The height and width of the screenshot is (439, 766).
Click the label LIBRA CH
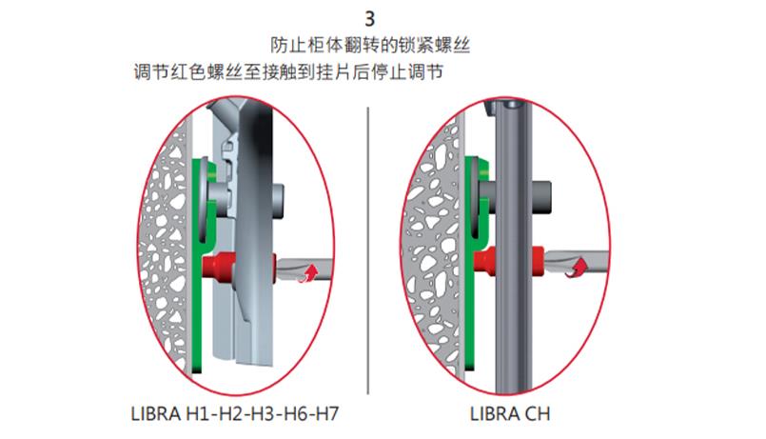509,415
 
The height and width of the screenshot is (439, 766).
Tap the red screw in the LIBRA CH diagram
487,258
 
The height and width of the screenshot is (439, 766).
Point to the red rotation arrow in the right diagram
573,272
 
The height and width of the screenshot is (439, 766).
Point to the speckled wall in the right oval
433,238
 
